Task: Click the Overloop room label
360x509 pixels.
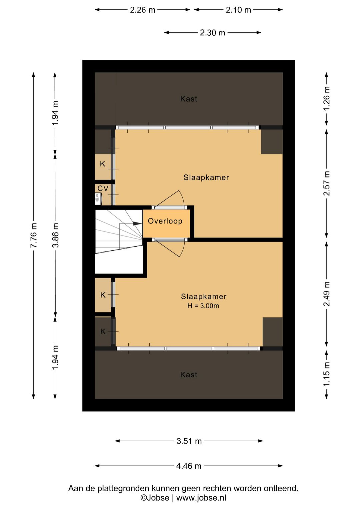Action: (165, 221)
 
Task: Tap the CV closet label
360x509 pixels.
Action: (103, 188)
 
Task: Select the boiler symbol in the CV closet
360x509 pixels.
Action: (98, 198)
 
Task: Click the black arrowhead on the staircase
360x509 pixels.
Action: (137, 223)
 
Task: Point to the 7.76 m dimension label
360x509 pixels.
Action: (34, 235)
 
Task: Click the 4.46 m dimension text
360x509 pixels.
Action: (189, 466)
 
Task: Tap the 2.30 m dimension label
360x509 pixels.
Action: (212, 33)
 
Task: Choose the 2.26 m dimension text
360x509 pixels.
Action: (142, 10)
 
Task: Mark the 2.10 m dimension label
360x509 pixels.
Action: (238, 10)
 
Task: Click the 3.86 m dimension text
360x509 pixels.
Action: (55, 235)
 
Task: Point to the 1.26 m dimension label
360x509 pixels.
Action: (327, 99)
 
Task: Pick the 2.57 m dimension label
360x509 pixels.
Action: (327, 183)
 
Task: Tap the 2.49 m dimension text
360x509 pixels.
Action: (327, 294)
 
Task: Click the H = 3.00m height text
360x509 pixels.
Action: (203, 306)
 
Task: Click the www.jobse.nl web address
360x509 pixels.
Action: (201, 498)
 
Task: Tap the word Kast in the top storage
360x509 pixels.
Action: (189, 99)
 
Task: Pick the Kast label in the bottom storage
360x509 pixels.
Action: (189, 375)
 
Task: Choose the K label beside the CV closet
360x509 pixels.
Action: (103, 164)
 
